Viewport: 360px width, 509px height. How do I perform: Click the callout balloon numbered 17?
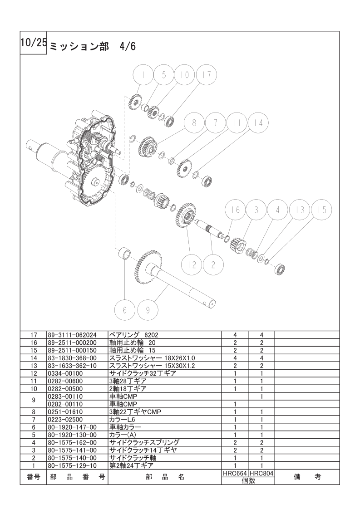click(206, 75)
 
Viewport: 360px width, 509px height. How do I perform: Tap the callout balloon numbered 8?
click(194, 123)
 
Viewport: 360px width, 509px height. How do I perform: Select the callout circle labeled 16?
click(236, 210)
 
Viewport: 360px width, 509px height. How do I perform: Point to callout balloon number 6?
click(125, 310)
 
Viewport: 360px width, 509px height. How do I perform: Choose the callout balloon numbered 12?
click(192, 265)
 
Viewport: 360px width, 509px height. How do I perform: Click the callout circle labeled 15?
click(322, 210)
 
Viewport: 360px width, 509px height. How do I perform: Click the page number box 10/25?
click(34, 43)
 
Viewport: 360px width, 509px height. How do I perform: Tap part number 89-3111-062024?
click(72, 335)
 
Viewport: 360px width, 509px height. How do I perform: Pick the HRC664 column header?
click(235, 474)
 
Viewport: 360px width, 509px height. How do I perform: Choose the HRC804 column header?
click(261, 474)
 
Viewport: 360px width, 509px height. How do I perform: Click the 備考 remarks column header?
click(307, 477)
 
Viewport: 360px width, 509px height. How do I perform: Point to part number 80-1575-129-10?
click(72, 465)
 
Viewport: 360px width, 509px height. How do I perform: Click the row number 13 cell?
click(34, 366)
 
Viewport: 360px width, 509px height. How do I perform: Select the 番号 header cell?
click(34, 477)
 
